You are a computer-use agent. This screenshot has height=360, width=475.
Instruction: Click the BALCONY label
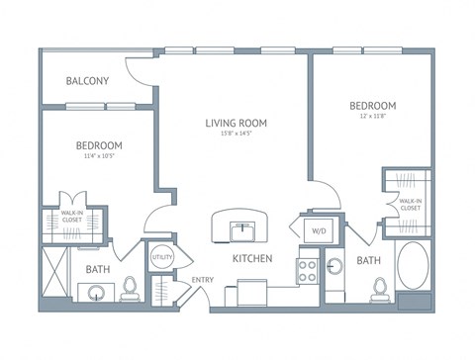point(87,81)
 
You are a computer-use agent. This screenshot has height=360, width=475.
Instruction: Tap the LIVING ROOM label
point(237,123)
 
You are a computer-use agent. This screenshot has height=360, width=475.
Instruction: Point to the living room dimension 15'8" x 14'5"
point(237,135)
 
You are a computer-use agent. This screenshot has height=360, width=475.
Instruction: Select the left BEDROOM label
point(99,145)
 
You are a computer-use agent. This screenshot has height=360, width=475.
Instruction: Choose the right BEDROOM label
point(372,105)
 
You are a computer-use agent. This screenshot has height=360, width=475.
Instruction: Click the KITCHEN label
point(251,259)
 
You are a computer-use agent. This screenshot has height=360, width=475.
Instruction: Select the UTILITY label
point(160,258)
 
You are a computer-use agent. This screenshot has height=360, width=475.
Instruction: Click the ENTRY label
point(203,280)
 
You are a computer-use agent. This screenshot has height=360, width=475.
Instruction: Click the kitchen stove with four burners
point(308,270)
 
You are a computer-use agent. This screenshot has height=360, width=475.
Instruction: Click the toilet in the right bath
point(377,288)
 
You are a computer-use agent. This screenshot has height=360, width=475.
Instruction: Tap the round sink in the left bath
point(95,293)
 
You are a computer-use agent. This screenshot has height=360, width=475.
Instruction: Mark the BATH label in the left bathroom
point(97,268)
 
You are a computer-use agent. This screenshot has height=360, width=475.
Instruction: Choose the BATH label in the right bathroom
point(368,260)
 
